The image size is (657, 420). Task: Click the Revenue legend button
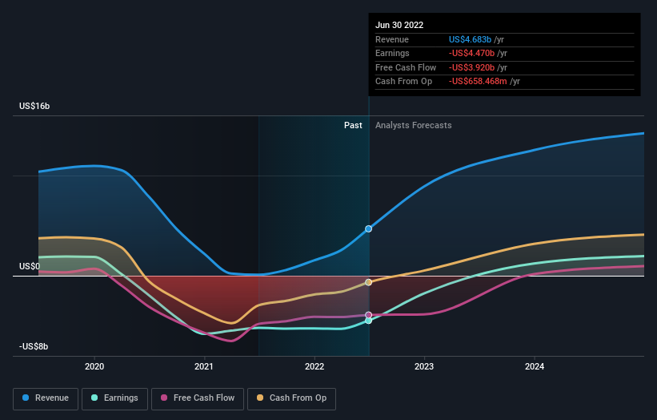pos(46,398)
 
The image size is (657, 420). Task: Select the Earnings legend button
pos(114,398)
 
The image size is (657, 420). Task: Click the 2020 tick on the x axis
pos(94,366)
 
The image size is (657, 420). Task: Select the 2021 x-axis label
pos(204,366)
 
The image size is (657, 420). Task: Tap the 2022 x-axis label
pos(314,366)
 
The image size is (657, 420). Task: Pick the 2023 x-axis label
pos(424,366)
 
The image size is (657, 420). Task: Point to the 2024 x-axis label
pos(535,366)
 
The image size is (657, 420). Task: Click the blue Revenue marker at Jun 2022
pos(369,229)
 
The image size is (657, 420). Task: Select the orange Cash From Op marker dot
pos(369,282)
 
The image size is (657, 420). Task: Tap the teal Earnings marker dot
pos(369,320)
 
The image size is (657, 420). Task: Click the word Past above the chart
pos(353,125)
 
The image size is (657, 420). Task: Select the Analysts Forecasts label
pos(413,125)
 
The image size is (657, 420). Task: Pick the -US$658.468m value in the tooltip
pos(479,81)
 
